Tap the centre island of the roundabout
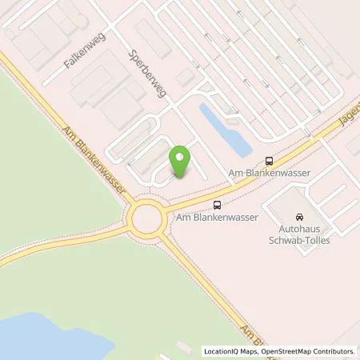(146, 216)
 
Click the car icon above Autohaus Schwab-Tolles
(298, 217)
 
